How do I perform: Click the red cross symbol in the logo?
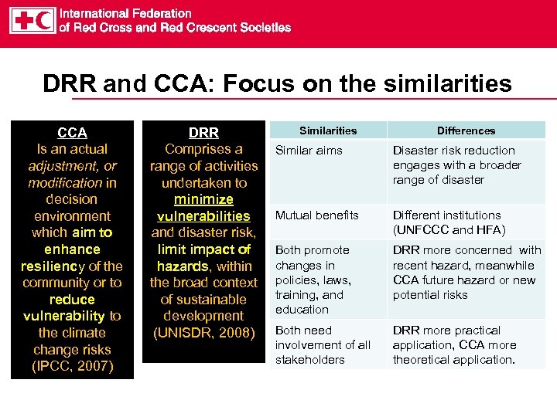tap(23, 20)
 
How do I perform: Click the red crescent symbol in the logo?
tap(44, 20)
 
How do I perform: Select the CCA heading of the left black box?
tap(72, 133)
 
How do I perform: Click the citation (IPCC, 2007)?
tap(72, 366)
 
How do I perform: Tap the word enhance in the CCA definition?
tap(72, 249)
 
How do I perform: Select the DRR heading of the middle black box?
tap(203, 133)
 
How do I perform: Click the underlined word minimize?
tap(203, 199)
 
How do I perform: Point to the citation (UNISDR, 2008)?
tap(203, 333)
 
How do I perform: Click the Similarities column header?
tap(328, 131)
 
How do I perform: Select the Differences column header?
tap(466, 131)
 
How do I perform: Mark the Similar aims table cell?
tap(309, 151)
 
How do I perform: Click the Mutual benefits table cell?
tap(317, 215)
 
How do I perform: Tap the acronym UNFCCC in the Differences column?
tap(424, 230)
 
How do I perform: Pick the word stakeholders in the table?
tap(309, 360)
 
